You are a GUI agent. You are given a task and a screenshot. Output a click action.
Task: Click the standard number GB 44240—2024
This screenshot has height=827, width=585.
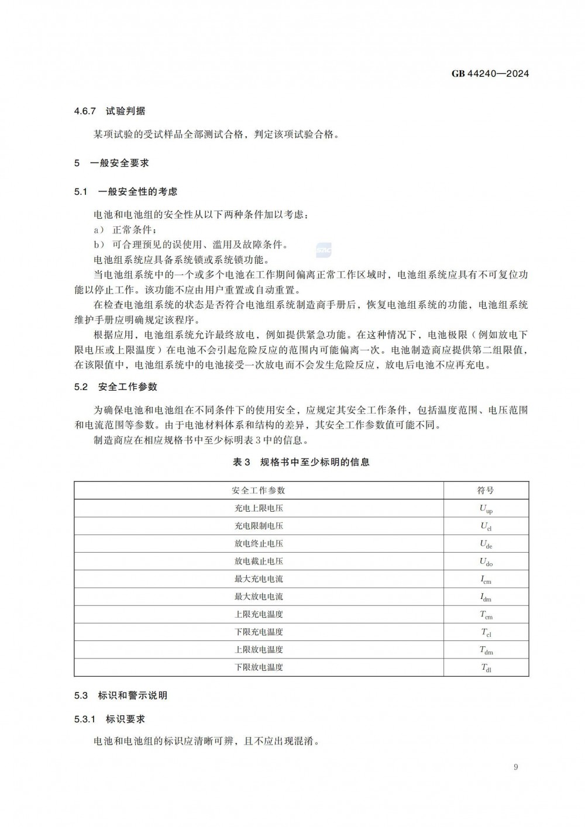point(490,74)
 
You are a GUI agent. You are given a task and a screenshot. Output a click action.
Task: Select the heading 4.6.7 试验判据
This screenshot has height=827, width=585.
point(109,111)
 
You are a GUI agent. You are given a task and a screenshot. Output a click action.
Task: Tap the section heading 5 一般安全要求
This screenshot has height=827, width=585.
point(111,163)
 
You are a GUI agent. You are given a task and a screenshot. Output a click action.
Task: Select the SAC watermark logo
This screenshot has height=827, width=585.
point(324,250)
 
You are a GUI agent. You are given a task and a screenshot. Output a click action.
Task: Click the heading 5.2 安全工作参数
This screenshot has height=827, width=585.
point(115,387)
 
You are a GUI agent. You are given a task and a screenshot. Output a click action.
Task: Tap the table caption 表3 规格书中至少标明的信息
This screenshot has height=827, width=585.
point(301,462)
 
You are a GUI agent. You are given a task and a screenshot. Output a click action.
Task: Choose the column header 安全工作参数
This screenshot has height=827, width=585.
point(259,490)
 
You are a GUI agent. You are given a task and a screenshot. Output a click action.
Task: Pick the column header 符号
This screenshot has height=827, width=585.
point(486,490)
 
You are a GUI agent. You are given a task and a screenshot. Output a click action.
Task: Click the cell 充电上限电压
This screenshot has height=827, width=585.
point(259,508)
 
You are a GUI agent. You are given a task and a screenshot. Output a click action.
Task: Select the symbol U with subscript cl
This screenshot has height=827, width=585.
point(486,526)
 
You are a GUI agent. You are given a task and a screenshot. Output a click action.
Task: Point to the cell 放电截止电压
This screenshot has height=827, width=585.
point(259,561)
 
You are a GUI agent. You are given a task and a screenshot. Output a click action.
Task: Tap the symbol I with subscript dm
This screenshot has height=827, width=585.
point(486,597)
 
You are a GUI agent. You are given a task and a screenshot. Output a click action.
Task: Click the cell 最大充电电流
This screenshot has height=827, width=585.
point(259,579)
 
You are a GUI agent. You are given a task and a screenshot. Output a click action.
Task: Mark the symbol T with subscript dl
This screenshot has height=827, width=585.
point(486,668)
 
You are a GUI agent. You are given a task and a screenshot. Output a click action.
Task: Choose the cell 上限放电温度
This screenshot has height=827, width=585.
point(259,649)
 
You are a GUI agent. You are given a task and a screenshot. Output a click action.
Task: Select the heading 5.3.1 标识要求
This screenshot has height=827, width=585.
point(109,719)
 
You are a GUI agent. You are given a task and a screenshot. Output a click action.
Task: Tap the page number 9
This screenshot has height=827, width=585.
point(515,767)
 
